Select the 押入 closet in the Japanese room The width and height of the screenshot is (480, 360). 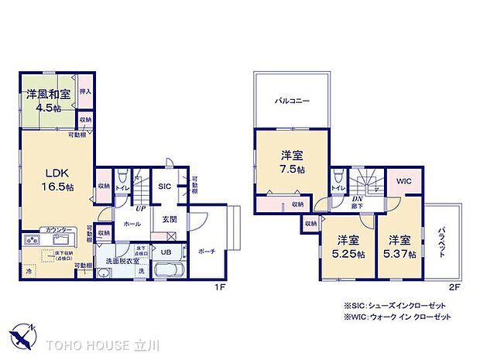[85, 91]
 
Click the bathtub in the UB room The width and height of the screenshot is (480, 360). [168, 271]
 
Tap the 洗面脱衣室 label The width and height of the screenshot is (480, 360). [123, 261]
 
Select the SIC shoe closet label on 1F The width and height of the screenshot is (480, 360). [164, 187]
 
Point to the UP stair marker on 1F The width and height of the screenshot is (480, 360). [139, 209]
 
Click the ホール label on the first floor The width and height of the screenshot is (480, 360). [132, 224]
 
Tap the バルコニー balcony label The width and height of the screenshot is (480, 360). [293, 100]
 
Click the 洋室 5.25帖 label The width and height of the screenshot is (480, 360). [347, 247]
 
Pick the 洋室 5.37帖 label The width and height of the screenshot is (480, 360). [402, 247]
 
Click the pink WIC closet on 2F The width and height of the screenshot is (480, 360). [404, 182]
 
